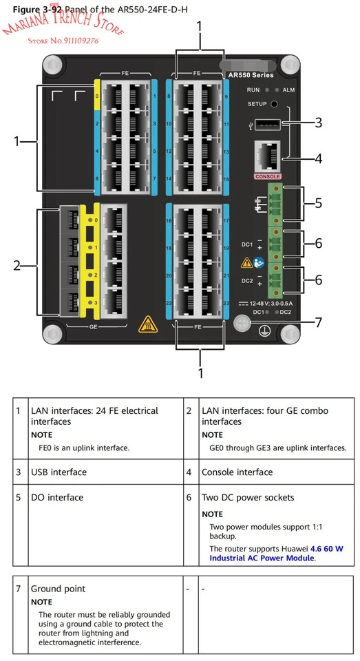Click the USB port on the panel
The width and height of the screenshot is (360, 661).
pyautogui.click(x=268, y=124)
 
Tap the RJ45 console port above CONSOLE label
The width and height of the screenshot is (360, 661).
pyautogui.click(x=267, y=156)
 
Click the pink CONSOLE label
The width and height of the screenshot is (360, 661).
pyautogui.click(x=267, y=177)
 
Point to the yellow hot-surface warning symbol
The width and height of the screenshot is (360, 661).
pyautogui.click(x=148, y=324)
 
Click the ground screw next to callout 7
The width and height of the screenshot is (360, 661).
pyautogui.click(x=242, y=323)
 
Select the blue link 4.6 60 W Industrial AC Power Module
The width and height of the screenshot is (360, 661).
pyautogui.click(x=276, y=553)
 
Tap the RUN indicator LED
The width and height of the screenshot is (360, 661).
pyautogui.click(x=267, y=90)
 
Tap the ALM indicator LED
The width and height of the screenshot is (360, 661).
pyautogui.click(x=277, y=90)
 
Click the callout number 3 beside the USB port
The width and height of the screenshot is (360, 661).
pyautogui.click(x=318, y=123)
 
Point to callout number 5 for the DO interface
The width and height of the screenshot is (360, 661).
pyautogui.click(x=318, y=203)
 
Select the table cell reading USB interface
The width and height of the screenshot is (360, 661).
pyautogui.click(x=59, y=472)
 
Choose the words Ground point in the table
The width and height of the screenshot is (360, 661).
pyautogui.click(x=59, y=589)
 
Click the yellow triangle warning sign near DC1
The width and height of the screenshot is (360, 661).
pyautogui.click(x=246, y=262)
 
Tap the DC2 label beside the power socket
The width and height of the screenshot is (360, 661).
pyautogui.click(x=247, y=280)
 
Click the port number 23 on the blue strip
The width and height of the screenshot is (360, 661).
pyautogui.click(x=226, y=303)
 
